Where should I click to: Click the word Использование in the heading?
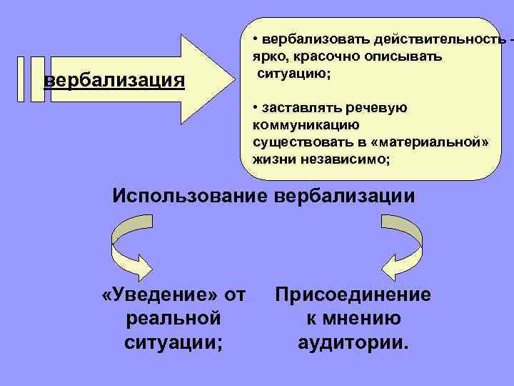(189, 195)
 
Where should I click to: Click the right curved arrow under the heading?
(400, 247)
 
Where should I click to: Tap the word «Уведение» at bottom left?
(161, 295)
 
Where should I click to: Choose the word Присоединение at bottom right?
(353, 295)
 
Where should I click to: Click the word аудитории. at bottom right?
(353, 342)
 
